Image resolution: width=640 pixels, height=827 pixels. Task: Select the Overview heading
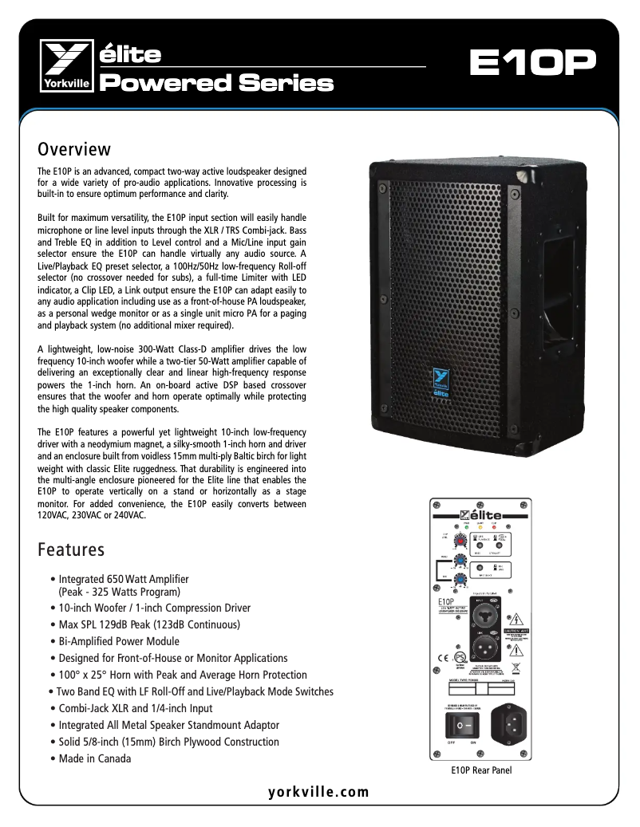tap(74, 149)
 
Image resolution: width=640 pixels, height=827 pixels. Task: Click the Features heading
tap(71, 549)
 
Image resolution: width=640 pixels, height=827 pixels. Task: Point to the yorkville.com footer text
tap(319, 792)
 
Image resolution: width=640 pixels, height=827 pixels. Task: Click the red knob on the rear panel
tap(460, 541)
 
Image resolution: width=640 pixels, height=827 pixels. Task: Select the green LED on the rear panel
tap(466, 527)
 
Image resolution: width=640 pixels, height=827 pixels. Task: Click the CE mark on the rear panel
tap(441, 658)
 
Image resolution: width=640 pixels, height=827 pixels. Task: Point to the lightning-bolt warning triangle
tap(517, 618)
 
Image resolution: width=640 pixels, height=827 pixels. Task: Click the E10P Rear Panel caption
tap(481, 770)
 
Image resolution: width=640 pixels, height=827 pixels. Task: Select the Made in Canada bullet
tap(95, 758)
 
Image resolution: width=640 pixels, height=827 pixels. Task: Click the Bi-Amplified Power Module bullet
tap(119, 641)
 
